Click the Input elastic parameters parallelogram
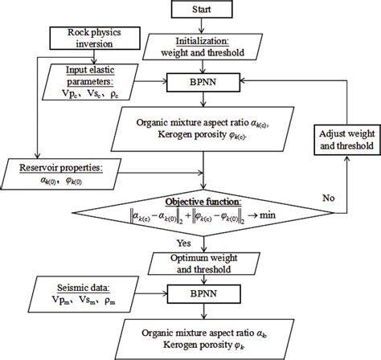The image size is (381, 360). click(x=100, y=81)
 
